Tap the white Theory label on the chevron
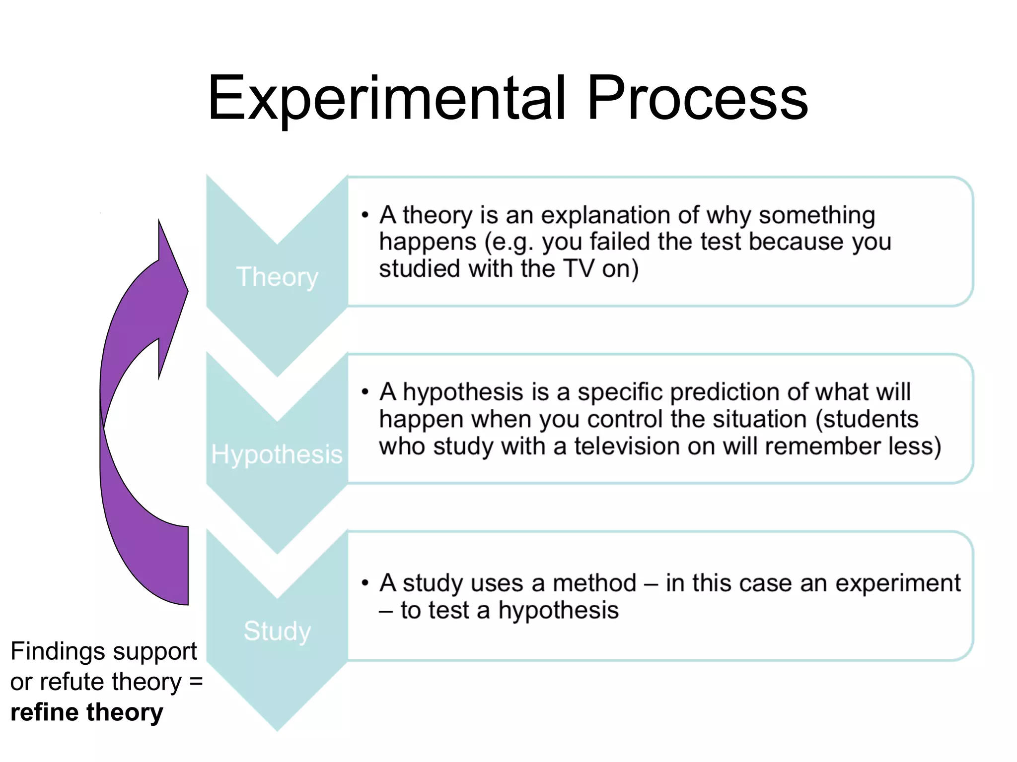277,276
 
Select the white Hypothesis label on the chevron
277,454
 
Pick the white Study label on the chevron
277,631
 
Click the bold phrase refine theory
86,712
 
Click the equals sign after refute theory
196,682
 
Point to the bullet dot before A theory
365,215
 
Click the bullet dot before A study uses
365,583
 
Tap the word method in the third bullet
594,583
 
